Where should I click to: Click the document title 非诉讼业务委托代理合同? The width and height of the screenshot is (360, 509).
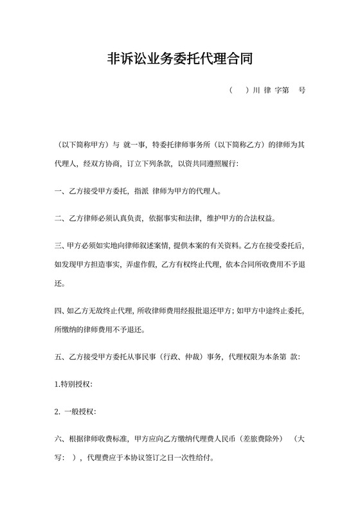coord(179,60)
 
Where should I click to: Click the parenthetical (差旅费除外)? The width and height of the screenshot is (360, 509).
coord(263,439)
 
